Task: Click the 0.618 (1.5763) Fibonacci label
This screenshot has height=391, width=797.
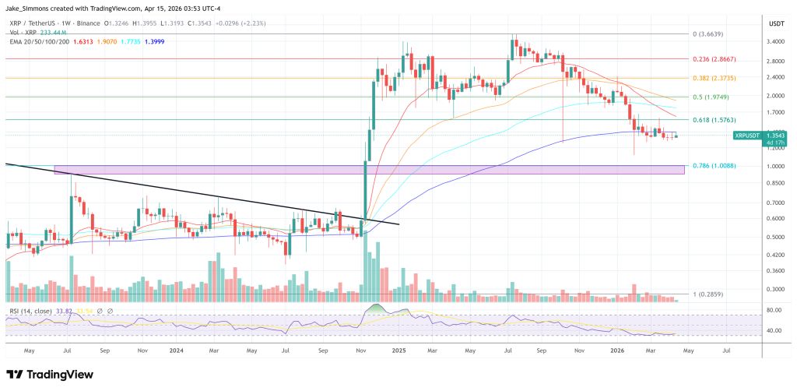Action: [x=712, y=119]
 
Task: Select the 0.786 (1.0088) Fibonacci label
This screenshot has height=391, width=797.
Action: [x=712, y=165]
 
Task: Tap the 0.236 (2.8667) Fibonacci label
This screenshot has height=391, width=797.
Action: [x=712, y=58]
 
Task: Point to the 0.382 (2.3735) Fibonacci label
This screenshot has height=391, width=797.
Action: [x=712, y=78]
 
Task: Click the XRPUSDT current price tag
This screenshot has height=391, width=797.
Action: [x=748, y=136]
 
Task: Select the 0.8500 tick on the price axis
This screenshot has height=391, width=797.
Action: [x=775, y=183]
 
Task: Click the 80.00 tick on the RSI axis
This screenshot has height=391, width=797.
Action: [x=773, y=310]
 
